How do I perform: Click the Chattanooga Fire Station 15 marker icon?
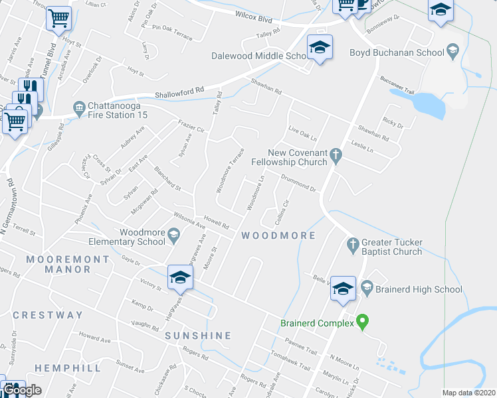click(79, 107)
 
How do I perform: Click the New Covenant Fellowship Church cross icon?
click(336, 157)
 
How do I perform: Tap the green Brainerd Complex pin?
click(362, 322)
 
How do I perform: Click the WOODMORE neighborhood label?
click(278, 235)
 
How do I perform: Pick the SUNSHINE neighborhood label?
click(198, 336)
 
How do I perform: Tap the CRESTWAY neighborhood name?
click(48, 315)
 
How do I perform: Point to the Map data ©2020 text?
click(468, 393)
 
